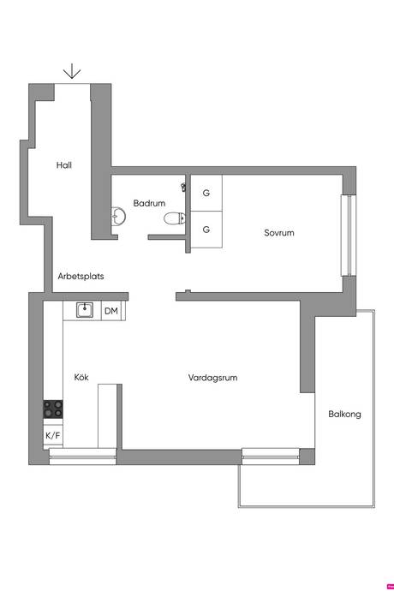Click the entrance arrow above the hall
coord(72,71)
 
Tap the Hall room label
coord(64,165)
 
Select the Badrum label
coord(149,203)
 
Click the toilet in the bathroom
coord(175,218)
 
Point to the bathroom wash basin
coord(118,217)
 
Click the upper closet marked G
coord(206,193)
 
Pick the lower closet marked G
coord(206,230)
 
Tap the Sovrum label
coord(279,233)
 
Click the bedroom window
coord(349,236)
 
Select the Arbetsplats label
coord(81,277)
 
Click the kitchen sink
coord(85,310)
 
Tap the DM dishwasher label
coord(111,311)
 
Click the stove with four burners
coord(53,409)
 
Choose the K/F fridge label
coord(53,436)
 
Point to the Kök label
coord(81,377)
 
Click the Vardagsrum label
coord(213,378)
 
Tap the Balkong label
coord(344,415)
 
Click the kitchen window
coord(82,457)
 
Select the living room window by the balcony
coord(271,456)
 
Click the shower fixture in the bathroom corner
coord(184,187)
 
